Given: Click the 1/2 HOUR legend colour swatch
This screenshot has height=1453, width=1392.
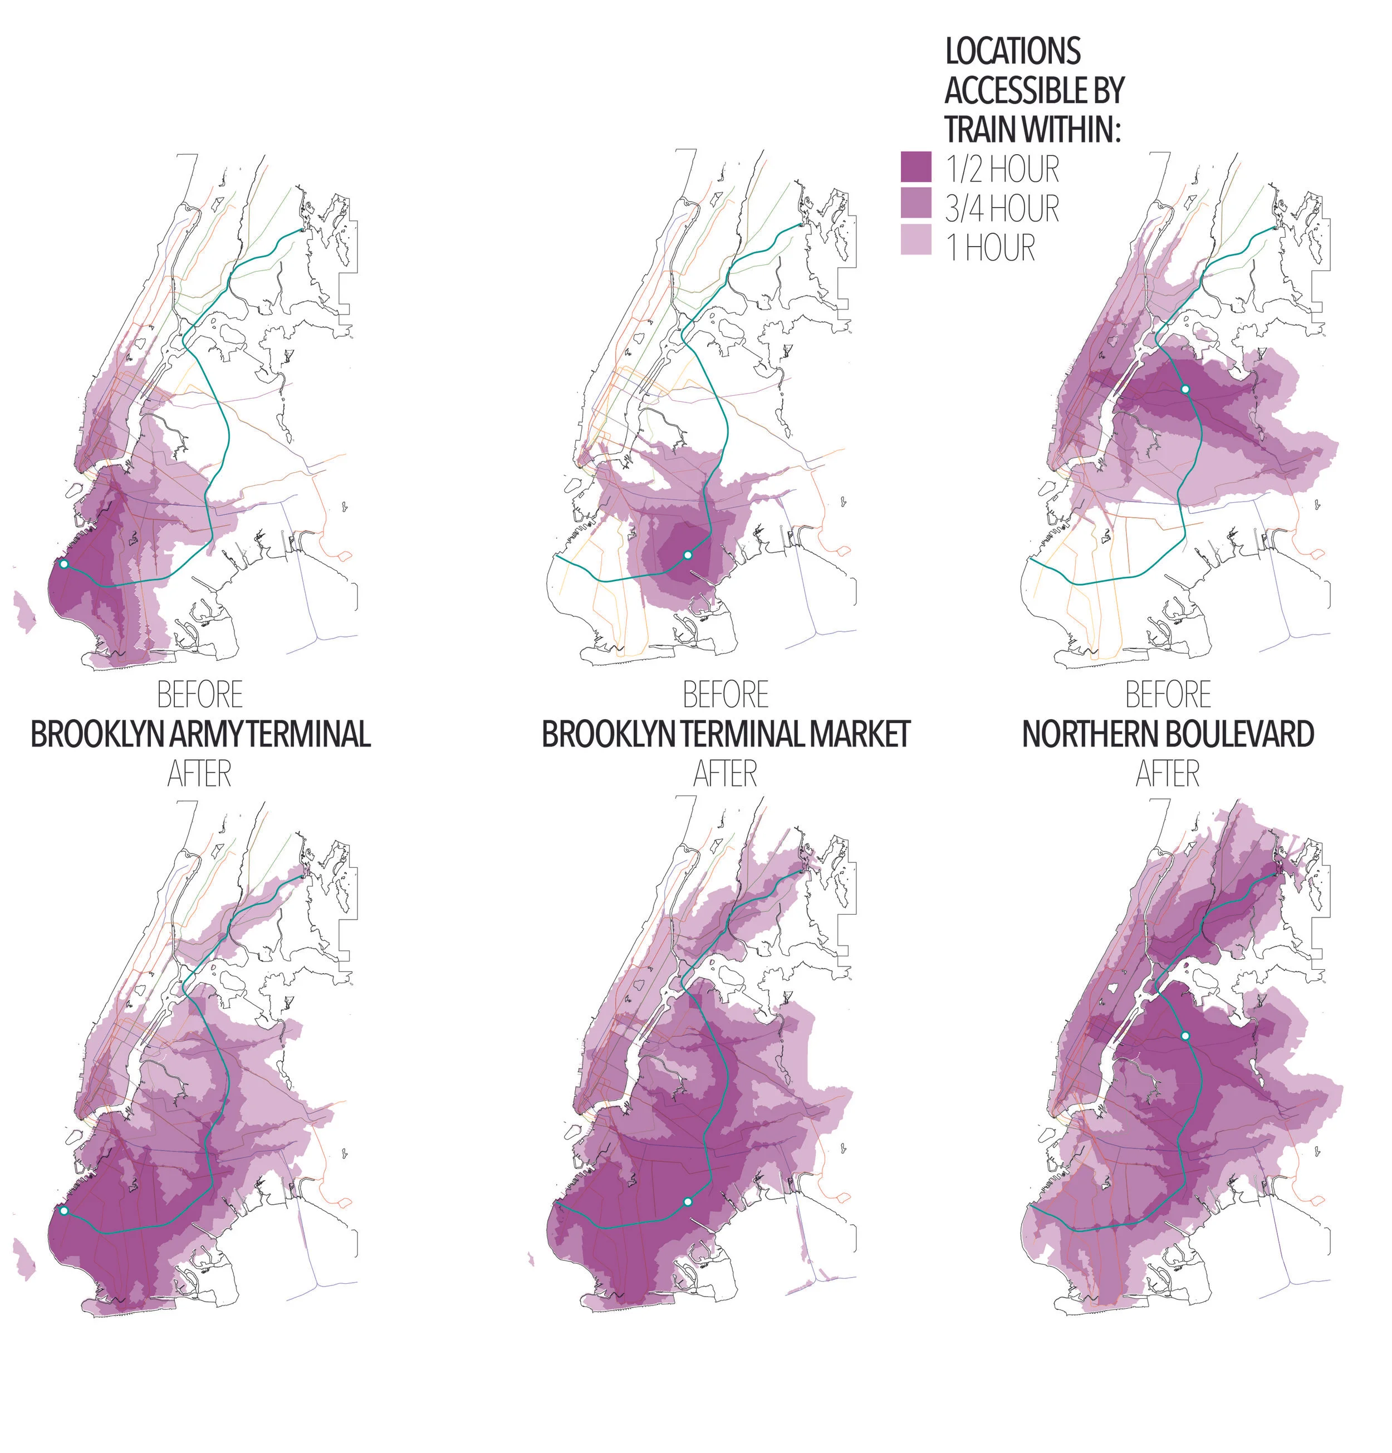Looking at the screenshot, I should [915, 167].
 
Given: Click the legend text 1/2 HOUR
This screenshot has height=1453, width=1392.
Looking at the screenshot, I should [1001, 170].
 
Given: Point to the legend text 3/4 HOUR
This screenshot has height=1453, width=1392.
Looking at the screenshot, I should [1001, 208].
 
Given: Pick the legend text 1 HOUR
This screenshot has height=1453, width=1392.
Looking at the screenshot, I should [990, 247].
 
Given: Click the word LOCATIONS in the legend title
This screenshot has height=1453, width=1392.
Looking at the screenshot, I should [1012, 51].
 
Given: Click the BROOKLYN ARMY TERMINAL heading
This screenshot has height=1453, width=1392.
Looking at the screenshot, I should [200, 734].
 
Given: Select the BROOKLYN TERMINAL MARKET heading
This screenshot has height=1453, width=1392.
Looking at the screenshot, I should [726, 734].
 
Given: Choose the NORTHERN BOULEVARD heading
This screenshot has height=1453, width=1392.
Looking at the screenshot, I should [1167, 734].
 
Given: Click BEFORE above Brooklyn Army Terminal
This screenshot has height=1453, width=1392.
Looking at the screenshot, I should [200, 695].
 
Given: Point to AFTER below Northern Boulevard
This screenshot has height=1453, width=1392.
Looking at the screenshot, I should [1167, 774].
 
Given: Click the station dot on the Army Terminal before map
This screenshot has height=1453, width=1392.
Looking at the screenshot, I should [64, 564].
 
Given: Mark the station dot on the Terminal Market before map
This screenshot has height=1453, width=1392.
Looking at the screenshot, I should [688, 554].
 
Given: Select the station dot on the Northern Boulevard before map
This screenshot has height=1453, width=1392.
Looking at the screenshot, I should [1184, 389].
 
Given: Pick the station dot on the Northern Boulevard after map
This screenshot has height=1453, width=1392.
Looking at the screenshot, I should [1184, 1035].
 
